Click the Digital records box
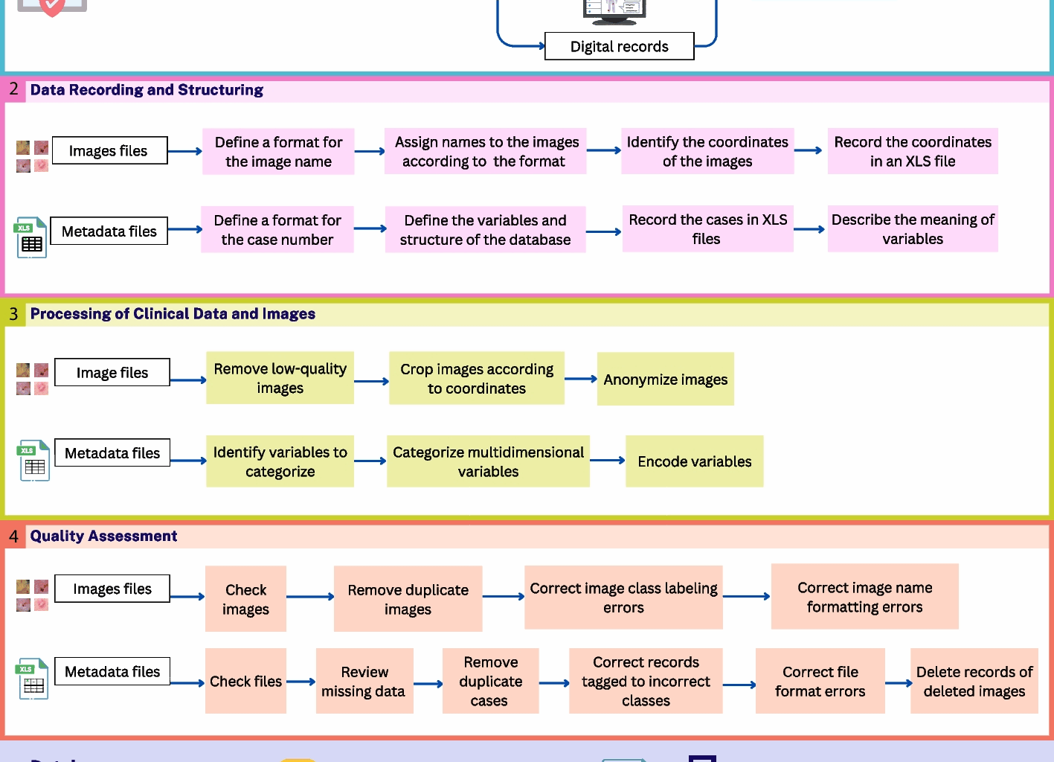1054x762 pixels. tap(619, 46)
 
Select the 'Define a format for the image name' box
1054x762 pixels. tap(278, 152)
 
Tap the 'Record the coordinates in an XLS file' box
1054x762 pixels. tap(913, 152)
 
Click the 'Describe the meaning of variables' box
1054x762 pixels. tap(913, 229)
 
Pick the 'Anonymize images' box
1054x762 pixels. tap(665, 380)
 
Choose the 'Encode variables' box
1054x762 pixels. tap(694, 461)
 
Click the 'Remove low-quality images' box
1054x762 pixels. tap(280, 378)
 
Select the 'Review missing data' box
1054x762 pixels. tap(364, 681)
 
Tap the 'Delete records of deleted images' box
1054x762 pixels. tap(974, 681)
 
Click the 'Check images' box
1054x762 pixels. tap(245, 599)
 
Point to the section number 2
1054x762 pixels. tap(13, 89)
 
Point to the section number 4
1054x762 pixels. tap(13, 536)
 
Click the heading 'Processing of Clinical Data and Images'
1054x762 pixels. tap(173, 314)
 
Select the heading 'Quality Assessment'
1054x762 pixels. tap(103, 536)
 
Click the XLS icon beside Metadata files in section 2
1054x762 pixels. tap(31, 237)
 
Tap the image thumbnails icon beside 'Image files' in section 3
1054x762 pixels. tap(32, 379)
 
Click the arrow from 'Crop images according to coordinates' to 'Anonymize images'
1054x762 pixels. tap(581, 379)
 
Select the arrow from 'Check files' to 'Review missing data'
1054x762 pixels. tap(301, 682)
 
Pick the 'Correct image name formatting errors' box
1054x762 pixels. tap(864, 597)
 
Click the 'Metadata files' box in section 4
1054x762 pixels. tap(112, 671)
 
